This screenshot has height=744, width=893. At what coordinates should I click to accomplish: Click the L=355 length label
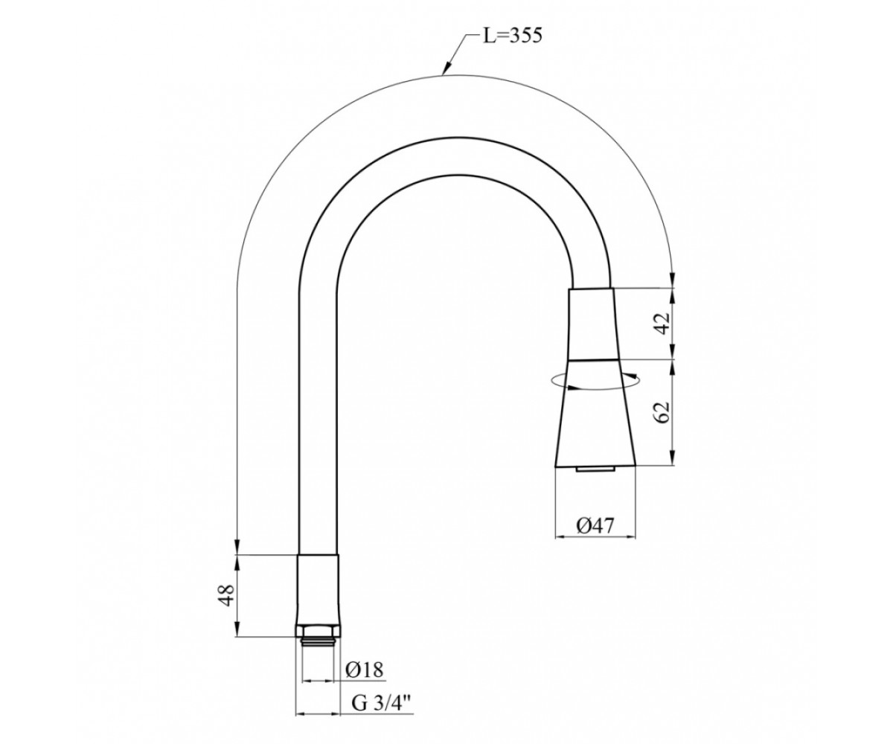point(513,36)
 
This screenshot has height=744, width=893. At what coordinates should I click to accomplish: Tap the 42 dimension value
point(662,324)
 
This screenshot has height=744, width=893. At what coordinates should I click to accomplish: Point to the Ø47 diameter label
point(595,525)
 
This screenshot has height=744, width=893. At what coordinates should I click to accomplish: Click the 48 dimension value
point(227,594)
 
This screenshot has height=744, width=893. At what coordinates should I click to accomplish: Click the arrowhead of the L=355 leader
point(446,70)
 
